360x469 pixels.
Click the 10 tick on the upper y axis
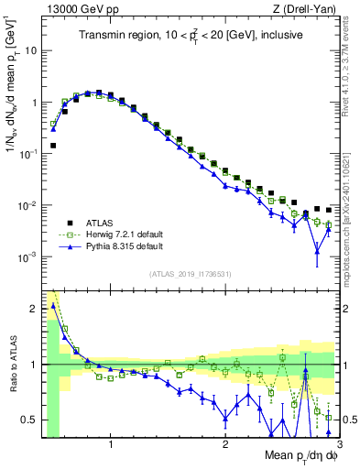click(32, 50)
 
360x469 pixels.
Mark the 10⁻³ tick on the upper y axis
click(30, 257)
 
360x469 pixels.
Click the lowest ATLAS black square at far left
click(54, 146)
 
